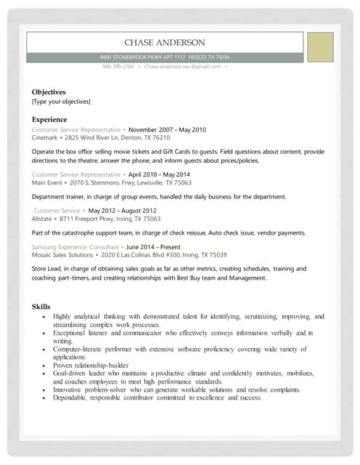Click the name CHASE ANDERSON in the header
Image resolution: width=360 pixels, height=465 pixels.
pyautogui.click(x=164, y=43)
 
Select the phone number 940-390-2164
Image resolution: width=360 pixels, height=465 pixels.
pyautogui.click(x=118, y=66)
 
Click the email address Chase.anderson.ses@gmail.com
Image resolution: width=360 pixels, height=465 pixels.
pyautogui.click(x=182, y=66)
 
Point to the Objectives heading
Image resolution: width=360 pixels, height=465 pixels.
pyautogui.click(x=49, y=92)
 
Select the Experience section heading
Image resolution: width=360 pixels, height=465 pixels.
pyautogui.click(x=49, y=119)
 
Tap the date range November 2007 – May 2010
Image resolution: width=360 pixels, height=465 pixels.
pyautogui.click(x=167, y=129)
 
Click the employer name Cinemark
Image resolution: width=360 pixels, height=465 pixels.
pyautogui.click(x=45, y=137)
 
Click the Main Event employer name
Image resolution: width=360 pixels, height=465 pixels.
pyautogui.click(x=48, y=182)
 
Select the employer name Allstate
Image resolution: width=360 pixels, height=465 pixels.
pyautogui.click(x=42, y=218)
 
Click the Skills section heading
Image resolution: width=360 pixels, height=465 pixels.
pyautogui.click(x=41, y=307)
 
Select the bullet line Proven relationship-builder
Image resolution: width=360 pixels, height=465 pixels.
pyautogui.click(x=91, y=365)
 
